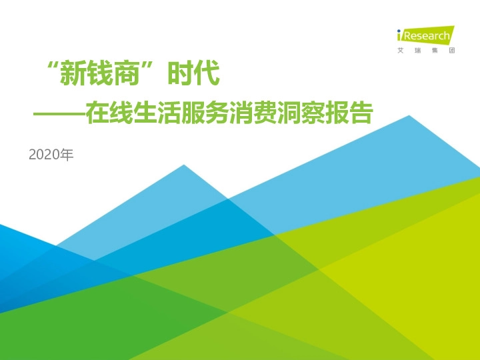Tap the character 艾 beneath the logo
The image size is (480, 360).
(398, 51)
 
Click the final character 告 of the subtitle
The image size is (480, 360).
(359, 114)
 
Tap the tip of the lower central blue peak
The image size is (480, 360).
(184, 165)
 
